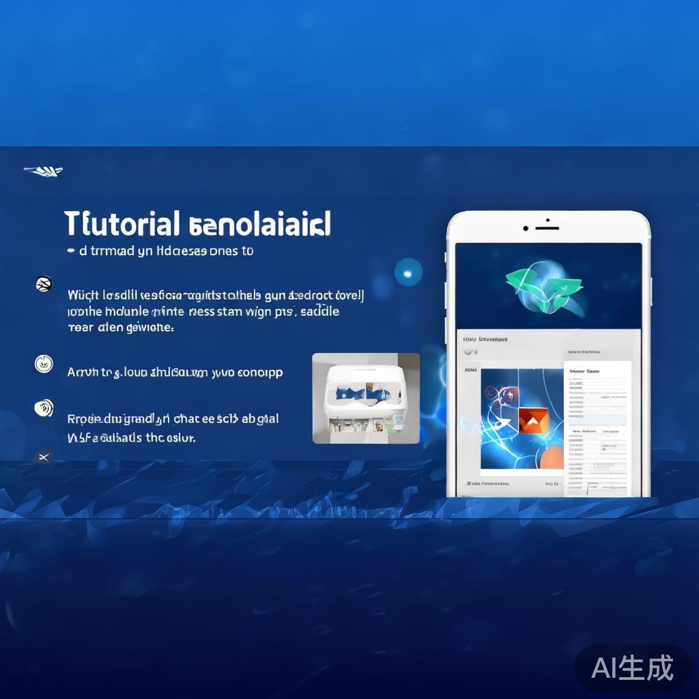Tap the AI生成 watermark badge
pos(632,667)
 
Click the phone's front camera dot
pos(526,227)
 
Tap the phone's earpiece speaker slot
pos(547,227)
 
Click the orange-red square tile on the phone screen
pos(533,420)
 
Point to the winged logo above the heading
pos(44,170)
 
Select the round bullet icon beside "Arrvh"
pos(44,364)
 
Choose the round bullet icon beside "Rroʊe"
pos(44,408)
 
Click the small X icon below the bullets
pos(44,457)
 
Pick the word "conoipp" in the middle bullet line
pos(259,373)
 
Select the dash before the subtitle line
pos(71,251)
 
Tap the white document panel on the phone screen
pos(597,423)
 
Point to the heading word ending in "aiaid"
pos(258,223)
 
